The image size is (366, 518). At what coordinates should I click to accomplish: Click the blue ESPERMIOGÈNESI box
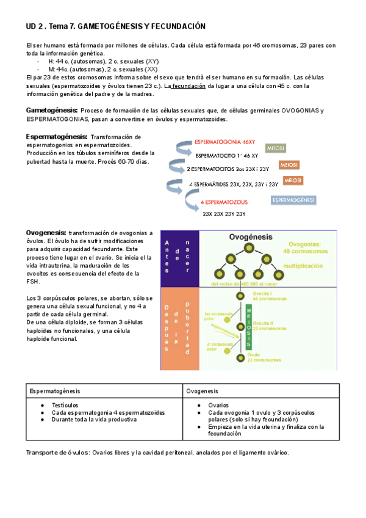coord(293,200)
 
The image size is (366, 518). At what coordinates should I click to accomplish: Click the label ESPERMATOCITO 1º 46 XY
coord(226,156)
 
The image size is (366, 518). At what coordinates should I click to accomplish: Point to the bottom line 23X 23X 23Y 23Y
coord(224,214)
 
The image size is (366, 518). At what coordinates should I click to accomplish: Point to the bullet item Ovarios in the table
coord(218,405)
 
